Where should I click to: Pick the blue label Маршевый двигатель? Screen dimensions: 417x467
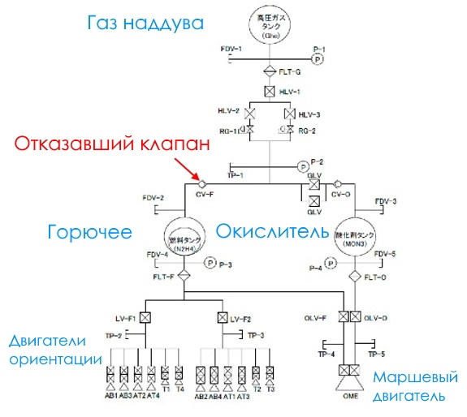tap(409, 388)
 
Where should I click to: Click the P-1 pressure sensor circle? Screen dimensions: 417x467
tap(318, 59)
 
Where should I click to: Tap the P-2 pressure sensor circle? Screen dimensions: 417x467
tap(302, 166)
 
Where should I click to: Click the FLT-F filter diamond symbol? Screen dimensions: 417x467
tap(184, 276)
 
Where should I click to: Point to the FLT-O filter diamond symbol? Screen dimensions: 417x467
tap(355, 276)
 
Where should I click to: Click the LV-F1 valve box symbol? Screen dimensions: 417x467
tap(145, 317)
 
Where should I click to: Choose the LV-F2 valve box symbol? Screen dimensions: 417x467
tap(222, 317)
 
